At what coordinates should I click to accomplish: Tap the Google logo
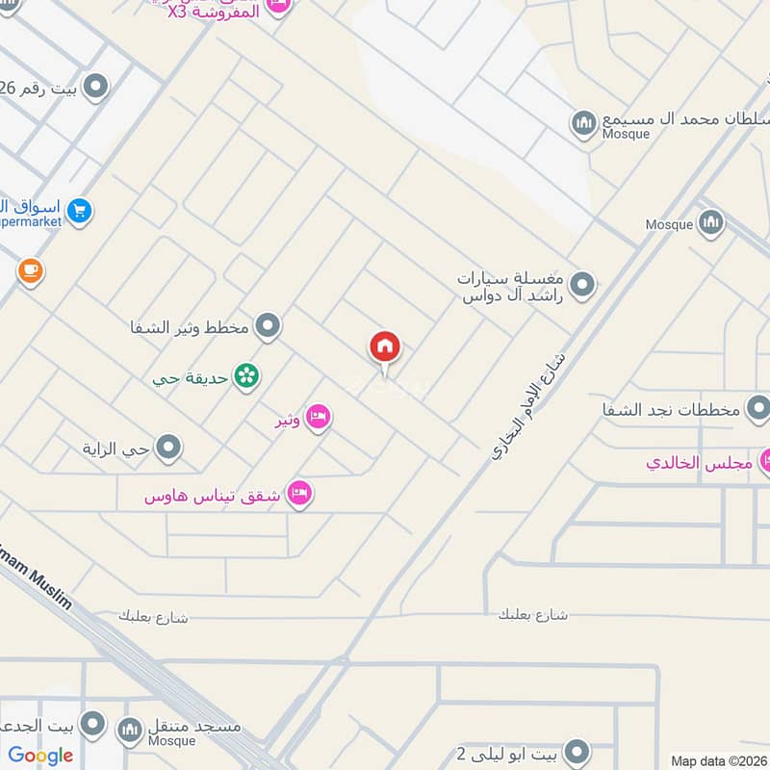(40, 756)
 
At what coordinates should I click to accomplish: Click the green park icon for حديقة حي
(247, 377)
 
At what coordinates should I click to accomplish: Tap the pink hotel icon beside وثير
(319, 419)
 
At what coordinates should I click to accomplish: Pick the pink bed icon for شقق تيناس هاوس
(299, 495)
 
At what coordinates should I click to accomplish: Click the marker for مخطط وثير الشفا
(269, 326)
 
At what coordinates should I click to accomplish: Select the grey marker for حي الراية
(169, 447)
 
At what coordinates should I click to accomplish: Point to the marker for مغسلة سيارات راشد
(581, 285)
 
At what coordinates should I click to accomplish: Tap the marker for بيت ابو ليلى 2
(576, 751)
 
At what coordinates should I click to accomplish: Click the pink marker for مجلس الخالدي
(766, 462)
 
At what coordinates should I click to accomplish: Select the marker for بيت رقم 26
(95, 89)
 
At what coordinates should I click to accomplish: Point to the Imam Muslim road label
(35, 581)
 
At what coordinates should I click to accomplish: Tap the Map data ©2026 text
(718, 761)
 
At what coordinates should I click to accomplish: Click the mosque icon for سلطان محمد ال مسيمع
(583, 123)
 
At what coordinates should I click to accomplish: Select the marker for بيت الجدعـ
(93, 724)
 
